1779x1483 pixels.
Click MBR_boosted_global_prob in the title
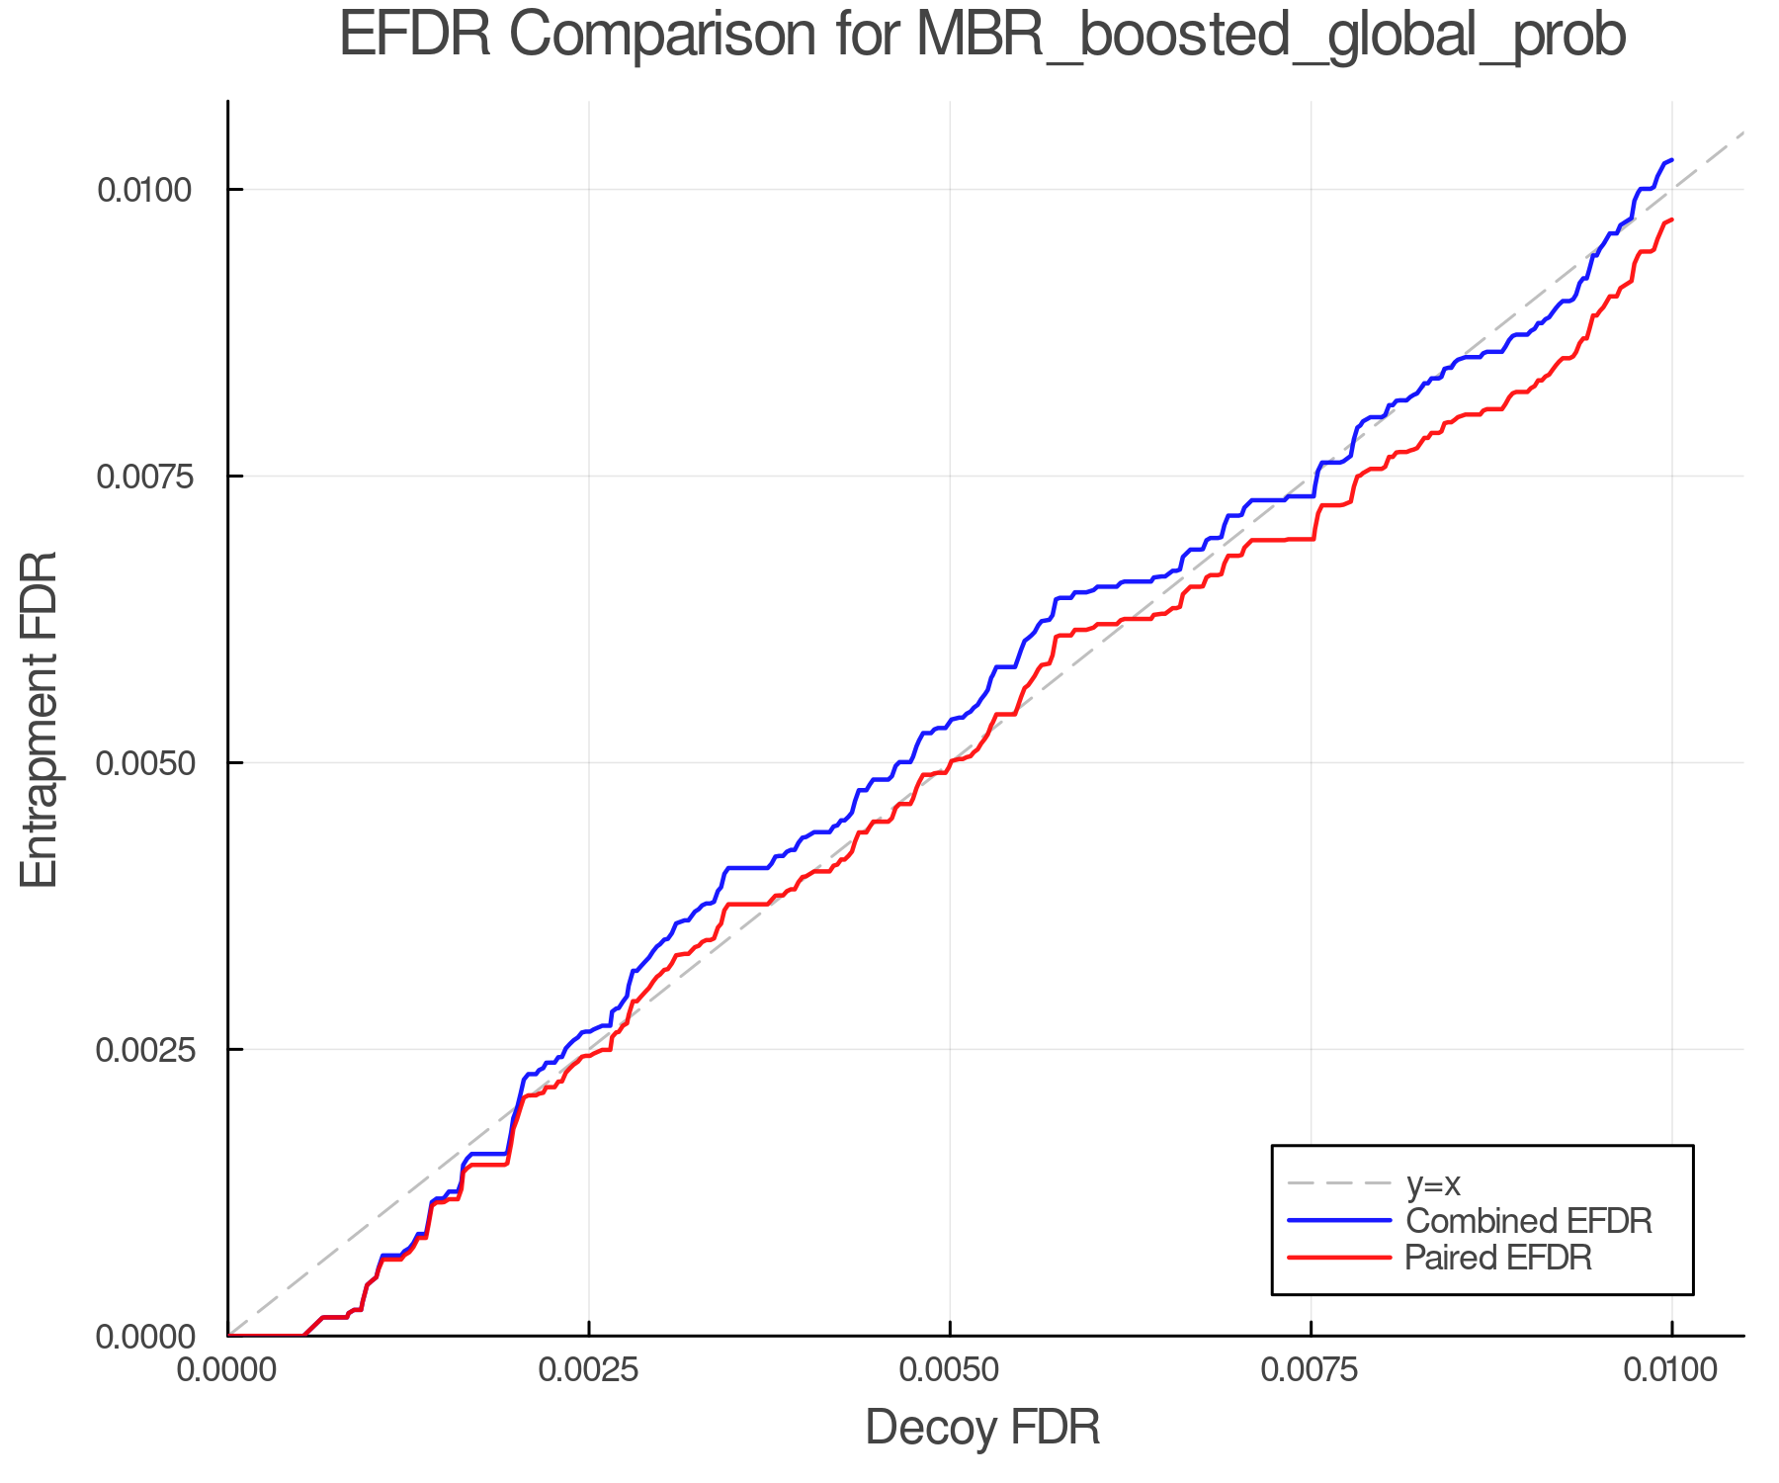(x=1271, y=36)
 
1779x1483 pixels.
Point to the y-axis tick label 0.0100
(x=143, y=189)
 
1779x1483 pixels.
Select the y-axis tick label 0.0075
(x=143, y=476)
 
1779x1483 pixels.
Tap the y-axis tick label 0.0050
(x=143, y=762)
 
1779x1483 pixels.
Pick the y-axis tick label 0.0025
(x=143, y=1049)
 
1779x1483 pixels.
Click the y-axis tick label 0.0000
(x=143, y=1337)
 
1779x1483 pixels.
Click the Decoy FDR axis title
(x=982, y=1428)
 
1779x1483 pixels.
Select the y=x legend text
(x=1432, y=1183)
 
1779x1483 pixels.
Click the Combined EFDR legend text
(x=1528, y=1221)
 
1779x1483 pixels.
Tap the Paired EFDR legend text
(x=1498, y=1258)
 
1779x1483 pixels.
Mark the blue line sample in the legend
(x=1339, y=1221)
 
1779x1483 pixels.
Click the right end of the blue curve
(x=1671, y=160)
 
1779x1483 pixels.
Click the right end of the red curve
(x=1671, y=219)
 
